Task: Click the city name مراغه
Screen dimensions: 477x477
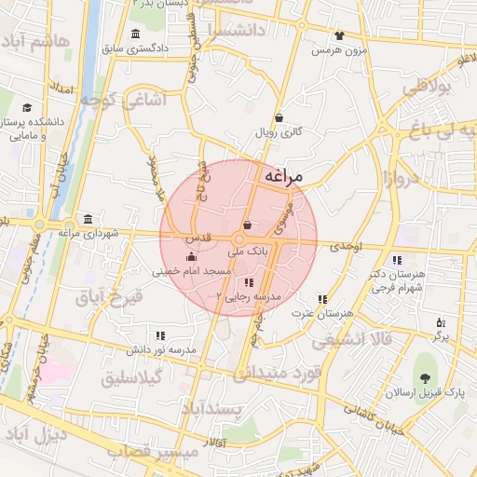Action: coord(291,176)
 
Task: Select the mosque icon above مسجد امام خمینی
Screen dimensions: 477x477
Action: coord(191,257)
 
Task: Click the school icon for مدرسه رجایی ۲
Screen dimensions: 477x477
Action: coord(247,282)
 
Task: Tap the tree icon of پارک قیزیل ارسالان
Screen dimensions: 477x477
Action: coord(426,378)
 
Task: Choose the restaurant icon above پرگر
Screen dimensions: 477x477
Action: coord(441,322)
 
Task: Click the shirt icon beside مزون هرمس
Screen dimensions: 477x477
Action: coord(338,36)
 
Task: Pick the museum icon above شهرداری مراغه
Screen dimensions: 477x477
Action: coord(88,220)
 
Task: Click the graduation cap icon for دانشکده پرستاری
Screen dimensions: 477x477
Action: coord(27,108)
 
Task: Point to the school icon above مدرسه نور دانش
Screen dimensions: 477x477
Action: coord(160,335)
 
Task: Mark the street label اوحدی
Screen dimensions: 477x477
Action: coord(344,247)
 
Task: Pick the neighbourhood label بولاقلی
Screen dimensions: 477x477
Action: coord(427,87)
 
